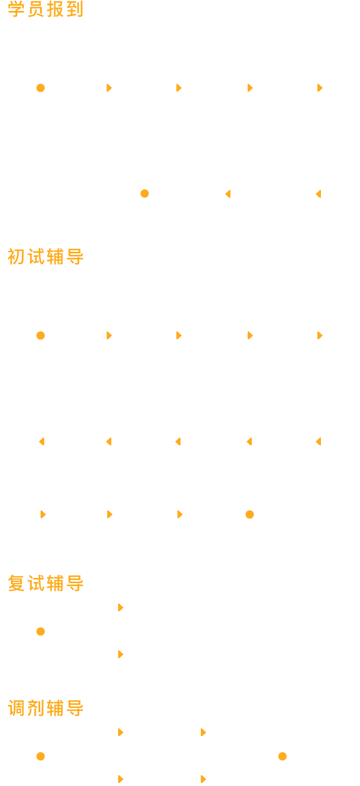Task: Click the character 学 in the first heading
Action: [16, 9]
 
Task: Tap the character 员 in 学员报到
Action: [35, 9]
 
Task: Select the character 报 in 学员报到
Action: [55, 9]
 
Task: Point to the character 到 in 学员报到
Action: [75, 9]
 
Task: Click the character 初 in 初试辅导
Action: [16, 257]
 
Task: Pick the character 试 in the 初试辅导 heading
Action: [35, 257]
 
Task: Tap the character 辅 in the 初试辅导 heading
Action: [55, 257]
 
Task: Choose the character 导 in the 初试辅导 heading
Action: [75, 257]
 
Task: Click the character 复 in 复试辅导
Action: [16, 583]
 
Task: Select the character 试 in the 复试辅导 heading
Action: [35, 583]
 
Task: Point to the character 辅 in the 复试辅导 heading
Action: [55, 583]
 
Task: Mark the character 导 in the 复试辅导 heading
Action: [75, 583]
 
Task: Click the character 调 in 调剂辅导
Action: [16, 708]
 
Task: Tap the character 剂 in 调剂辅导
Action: [35, 708]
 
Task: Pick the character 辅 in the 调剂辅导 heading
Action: [55, 708]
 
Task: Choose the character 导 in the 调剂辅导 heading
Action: [75, 708]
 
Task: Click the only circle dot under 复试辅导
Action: [41, 632]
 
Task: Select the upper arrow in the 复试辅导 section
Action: [121, 608]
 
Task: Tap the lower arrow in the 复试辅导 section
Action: [121, 654]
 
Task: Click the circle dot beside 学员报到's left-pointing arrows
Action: [145, 194]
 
